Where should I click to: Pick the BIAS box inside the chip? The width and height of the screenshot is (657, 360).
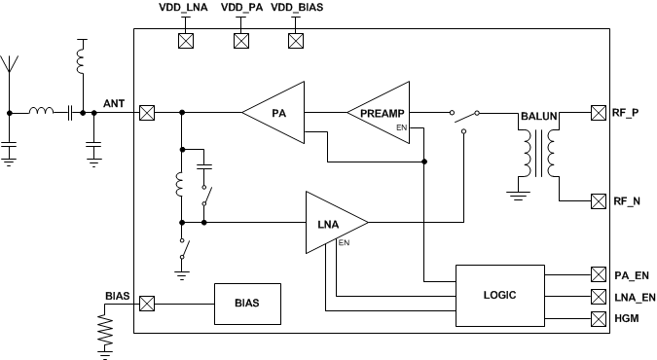click(247, 304)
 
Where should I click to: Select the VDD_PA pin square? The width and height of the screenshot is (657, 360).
click(239, 41)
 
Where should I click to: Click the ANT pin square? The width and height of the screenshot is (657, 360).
click(147, 113)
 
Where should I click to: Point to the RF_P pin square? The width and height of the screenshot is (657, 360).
click(599, 113)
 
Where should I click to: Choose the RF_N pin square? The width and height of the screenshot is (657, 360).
click(599, 202)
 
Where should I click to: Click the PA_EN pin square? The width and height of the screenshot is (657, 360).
click(599, 275)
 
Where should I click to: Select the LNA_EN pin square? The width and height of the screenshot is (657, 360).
click(599, 296)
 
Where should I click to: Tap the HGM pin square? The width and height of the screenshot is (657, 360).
click(599, 316)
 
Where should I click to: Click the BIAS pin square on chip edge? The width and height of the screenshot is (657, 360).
click(147, 304)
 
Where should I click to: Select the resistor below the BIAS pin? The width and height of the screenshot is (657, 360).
click(106, 332)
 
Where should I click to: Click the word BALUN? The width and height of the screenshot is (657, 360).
click(539, 116)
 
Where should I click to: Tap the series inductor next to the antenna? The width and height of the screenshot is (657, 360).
click(42, 112)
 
